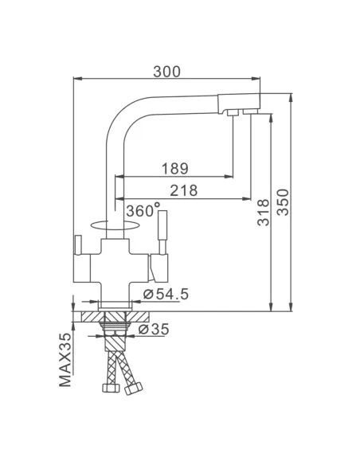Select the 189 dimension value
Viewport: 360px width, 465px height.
174,168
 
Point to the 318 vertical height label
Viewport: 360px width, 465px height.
264,213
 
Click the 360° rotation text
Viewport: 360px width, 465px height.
140,210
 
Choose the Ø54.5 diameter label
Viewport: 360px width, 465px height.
166,295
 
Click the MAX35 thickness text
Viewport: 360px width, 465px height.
67,360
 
